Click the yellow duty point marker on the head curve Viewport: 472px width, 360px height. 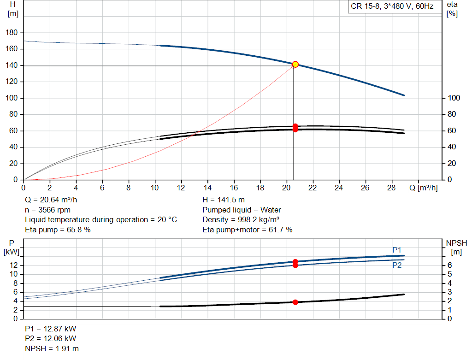[295, 65]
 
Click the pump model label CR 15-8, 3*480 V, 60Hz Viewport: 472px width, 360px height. [392, 7]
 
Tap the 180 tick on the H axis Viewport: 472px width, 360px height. [12, 33]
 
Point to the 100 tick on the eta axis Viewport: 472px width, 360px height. [454, 98]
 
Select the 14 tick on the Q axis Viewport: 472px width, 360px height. [208, 188]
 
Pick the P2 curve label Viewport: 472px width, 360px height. [397, 266]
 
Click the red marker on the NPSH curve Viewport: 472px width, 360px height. [295, 302]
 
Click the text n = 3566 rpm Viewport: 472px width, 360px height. [47, 210]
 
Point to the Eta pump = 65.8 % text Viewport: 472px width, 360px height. [58, 230]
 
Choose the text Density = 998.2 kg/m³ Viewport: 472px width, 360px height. [241, 219]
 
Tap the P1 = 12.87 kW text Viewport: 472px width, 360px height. [51, 329]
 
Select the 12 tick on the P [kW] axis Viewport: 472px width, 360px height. [12, 266]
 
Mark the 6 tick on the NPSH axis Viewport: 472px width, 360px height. [449, 266]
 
